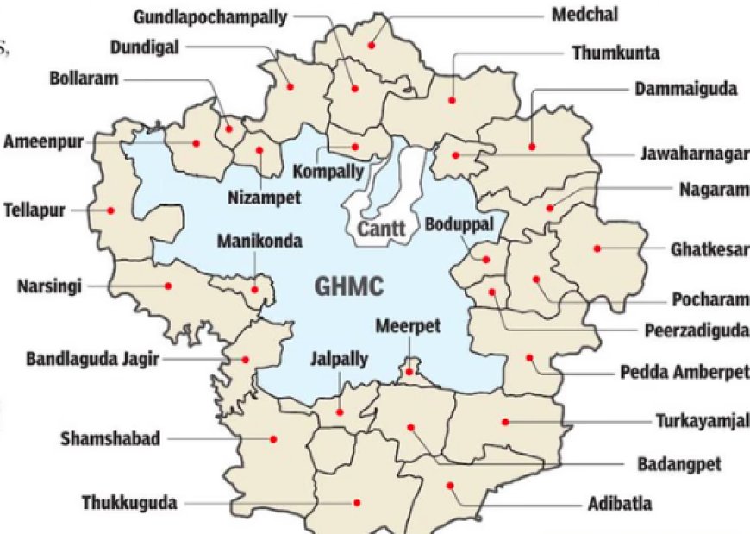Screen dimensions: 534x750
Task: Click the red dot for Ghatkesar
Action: (x=597, y=248)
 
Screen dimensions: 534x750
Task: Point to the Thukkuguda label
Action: (x=129, y=502)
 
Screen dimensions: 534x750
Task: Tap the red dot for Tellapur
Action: (x=110, y=209)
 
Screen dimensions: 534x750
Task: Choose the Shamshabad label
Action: (x=110, y=438)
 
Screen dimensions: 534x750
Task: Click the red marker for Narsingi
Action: (x=169, y=286)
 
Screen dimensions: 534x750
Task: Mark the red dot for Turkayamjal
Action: (x=506, y=421)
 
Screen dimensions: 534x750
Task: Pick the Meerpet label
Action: (x=408, y=326)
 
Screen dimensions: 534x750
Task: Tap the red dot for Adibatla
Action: (x=450, y=486)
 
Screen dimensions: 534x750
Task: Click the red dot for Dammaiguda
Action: (x=532, y=148)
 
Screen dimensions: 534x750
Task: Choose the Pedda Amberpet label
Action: (x=684, y=373)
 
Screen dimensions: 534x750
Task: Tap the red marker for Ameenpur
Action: (x=197, y=143)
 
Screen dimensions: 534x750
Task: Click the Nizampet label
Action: (x=265, y=198)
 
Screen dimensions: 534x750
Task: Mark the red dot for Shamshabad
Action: (x=273, y=438)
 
